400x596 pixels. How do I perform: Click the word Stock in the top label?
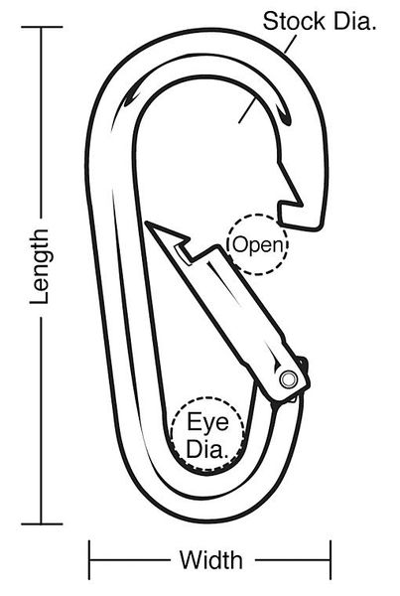click(x=294, y=21)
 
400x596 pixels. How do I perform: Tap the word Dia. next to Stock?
click(x=354, y=21)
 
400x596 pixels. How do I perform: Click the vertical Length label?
click(x=40, y=266)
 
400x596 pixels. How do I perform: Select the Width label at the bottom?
click(x=211, y=559)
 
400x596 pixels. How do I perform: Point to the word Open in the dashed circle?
click(x=258, y=245)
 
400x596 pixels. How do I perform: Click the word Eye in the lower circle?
click(x=207, y=422)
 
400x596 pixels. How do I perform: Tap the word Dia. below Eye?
click(x=207, y=449)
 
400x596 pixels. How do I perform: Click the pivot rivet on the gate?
click(x=288, y=378)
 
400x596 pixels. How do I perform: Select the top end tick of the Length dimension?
click(x=42, y=27)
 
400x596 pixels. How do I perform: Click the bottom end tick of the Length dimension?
click(x=42, y=523)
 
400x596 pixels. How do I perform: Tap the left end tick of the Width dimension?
click(x=89, y=559)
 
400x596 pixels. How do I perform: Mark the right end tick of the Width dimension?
click(x=331, y=559)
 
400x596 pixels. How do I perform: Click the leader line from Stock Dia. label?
click(x=290, y=45)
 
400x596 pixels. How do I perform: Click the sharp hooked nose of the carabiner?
click(x=301, y=206)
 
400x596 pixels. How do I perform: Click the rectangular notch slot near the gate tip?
click(x=183, y=253)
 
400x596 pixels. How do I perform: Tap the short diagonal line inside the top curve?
click(x=247, y=109)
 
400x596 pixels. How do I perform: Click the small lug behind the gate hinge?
click(x=304, y=363)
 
